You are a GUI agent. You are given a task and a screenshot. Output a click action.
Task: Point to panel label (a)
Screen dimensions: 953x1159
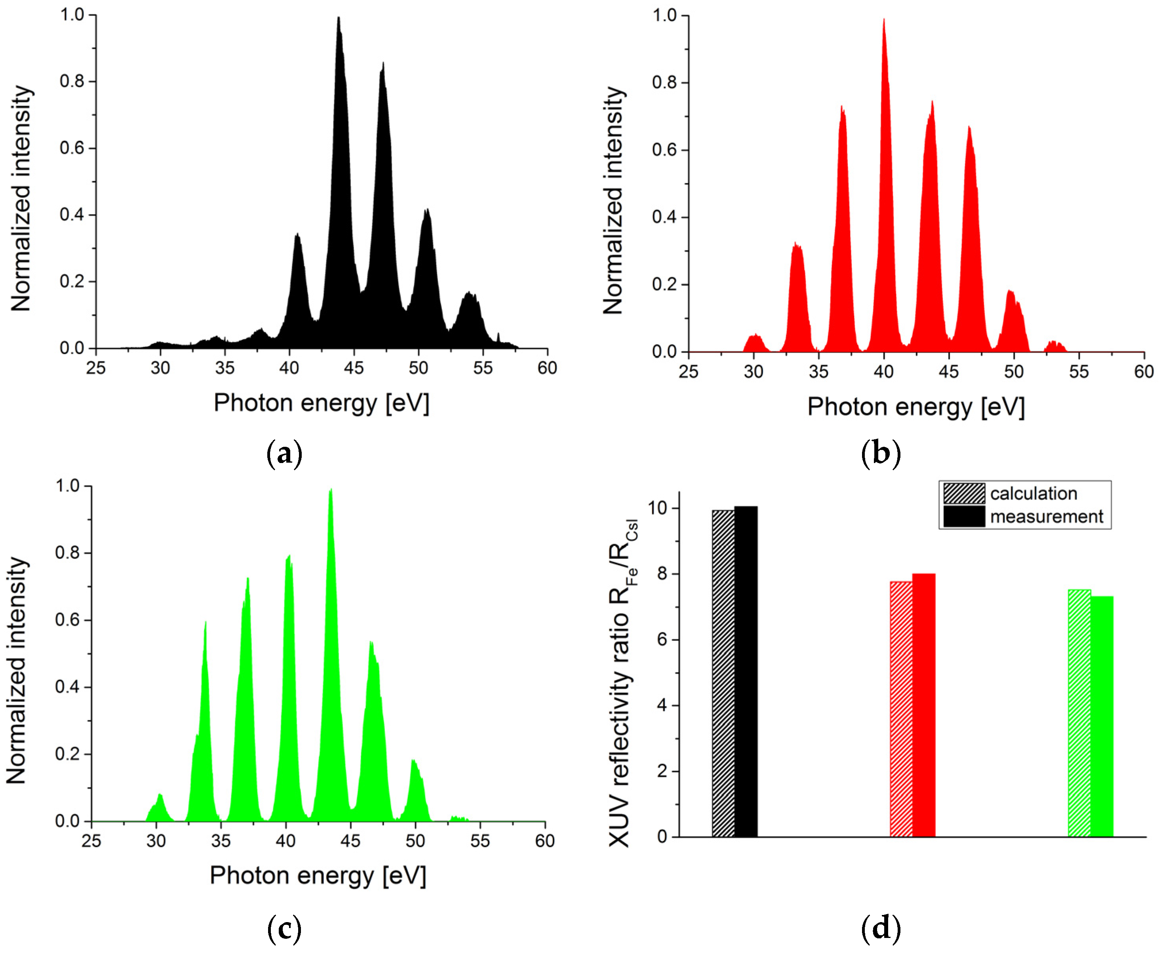pos(284,454)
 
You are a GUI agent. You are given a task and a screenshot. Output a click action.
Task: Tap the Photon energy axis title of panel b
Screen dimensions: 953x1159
pos(915,407)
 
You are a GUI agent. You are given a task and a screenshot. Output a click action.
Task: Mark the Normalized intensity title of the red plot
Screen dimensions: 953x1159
pos(613,200)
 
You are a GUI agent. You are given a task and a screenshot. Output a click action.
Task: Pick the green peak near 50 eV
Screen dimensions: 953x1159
pos(416,791)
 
